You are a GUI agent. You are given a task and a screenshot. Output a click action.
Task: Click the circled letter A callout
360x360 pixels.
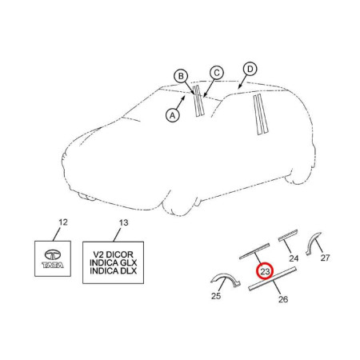[172, 114]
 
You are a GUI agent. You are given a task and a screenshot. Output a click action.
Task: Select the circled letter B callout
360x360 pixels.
[181, 77]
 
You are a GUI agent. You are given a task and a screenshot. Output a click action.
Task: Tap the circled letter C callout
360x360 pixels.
[215, 73]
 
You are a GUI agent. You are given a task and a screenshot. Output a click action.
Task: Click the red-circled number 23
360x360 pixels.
[265, 272]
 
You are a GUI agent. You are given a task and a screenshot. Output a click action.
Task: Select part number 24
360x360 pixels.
[294, 258]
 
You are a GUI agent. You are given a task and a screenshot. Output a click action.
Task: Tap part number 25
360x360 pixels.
[214, 295]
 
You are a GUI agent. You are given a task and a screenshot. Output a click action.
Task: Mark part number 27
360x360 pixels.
[325, 258]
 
